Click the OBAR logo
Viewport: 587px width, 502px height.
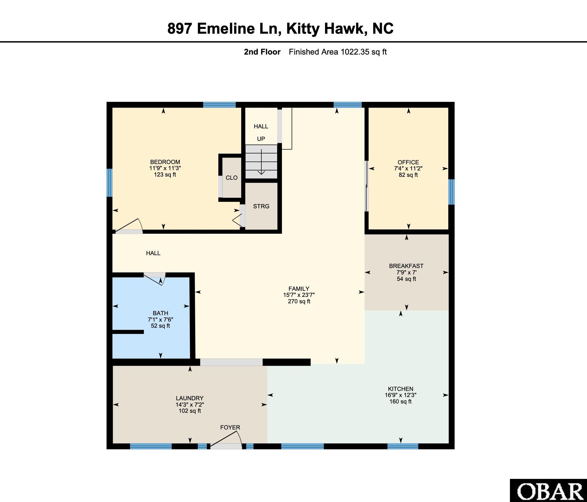[549, 491]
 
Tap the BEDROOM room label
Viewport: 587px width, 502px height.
[165, 162]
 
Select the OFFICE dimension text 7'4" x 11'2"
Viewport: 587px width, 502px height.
[408, 169]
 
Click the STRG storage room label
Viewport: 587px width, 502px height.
[261, 206]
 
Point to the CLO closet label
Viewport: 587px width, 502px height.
[232, 178]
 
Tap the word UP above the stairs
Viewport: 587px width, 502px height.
[261, 139]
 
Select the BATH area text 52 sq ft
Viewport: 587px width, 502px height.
[160, 326]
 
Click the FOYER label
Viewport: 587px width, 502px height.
[230, 428]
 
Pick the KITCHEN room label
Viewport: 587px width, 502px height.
[400, 389]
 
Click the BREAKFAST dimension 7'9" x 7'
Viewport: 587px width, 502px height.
[406, 273]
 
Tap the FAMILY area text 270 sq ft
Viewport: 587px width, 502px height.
[299, 301]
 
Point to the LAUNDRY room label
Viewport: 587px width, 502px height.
[190, 398]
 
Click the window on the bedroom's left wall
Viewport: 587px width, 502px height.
[110, 183]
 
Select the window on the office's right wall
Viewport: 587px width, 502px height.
[451, 192]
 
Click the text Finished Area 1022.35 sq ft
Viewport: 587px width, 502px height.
[337, 52]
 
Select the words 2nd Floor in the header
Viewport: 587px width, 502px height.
[262, 52]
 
